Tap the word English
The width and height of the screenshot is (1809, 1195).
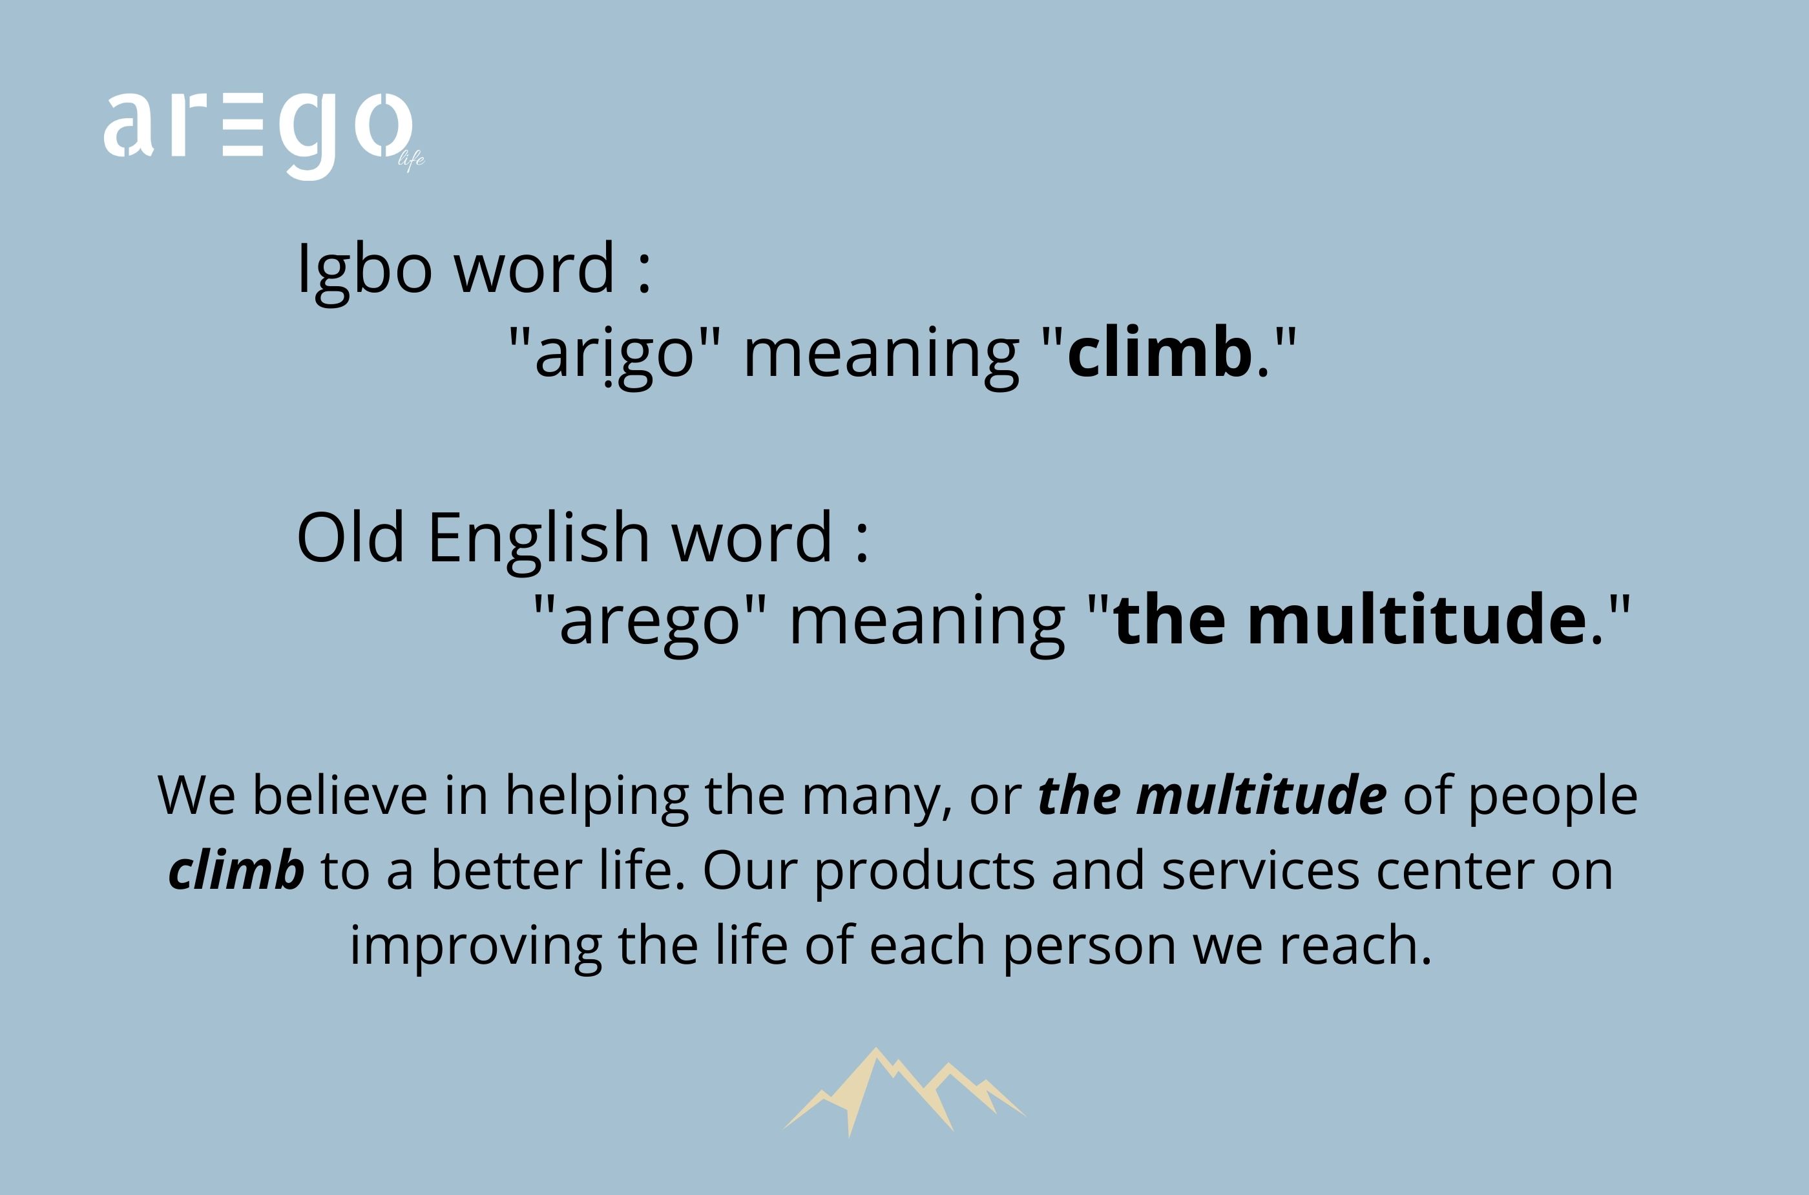(539, 539)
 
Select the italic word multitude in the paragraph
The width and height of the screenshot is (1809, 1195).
(1261, 795)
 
